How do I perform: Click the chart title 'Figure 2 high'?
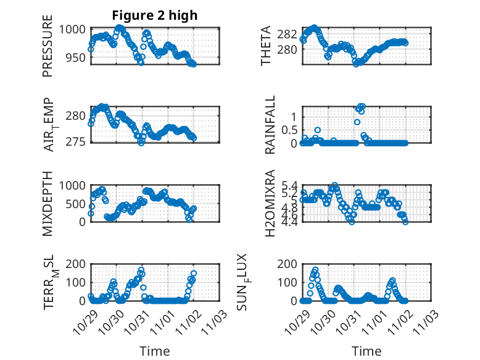pyautogui.click(x=154, y=15)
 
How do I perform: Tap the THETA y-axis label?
pyautogui.click(x=266, y=46)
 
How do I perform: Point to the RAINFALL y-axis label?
pyautogui.click(x=270, y=125)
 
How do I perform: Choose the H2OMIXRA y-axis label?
pyautogui.click(x=270, y=203)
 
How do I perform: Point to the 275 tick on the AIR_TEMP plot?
pyautogui.click(x=77, y=142)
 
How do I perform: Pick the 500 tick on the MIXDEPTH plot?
pyautogui.click(x=77, y=203)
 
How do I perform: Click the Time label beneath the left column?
pyautogui.click(x=154, y=351)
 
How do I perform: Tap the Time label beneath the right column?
pyautogui.click(x=366, y=351)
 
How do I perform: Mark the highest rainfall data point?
pyautogui.click(x=362, y=106)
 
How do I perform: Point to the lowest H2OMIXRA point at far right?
pyautogui.click(x=405, y=221)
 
